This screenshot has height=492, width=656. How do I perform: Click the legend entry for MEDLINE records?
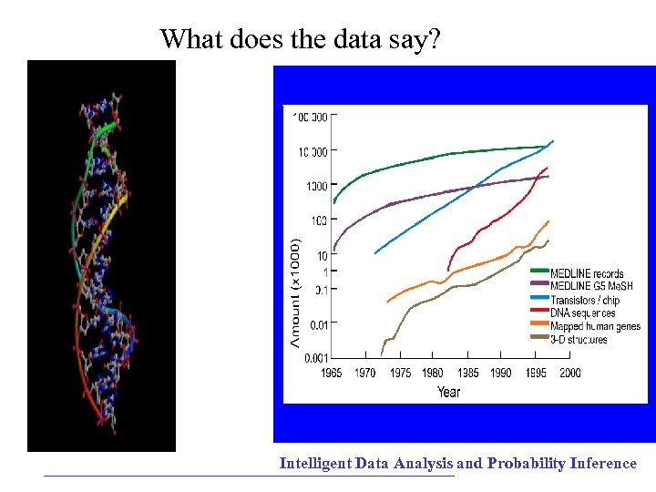[587, 272]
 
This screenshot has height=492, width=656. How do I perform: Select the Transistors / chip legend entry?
[585, 300]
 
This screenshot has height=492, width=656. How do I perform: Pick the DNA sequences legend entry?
[582, 313]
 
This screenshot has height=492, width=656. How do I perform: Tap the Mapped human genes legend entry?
[595, 326]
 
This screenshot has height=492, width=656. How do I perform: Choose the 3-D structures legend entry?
[579, 340]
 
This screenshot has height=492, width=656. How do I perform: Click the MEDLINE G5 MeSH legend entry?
[591, 286]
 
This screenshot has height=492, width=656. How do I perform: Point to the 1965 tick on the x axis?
[333, 373]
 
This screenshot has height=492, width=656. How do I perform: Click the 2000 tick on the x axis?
[569, 373]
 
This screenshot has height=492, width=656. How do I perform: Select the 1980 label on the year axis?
[434, 373]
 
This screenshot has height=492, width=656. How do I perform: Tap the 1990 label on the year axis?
[501, 373]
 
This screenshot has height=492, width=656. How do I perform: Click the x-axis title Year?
[448, 392]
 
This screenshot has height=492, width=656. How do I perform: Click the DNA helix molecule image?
[101, 256]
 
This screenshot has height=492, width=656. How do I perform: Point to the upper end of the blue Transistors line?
[552, 141]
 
